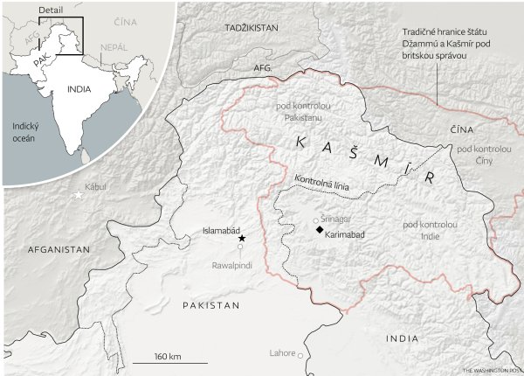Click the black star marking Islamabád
click(x=241, y=238)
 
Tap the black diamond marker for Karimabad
click(x=320, y=230)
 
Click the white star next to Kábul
click(x=79, y=195)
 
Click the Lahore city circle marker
click(x=300, y=355)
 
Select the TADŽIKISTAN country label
click(x=250, y=28)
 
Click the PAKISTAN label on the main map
click(x=210, y=304)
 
